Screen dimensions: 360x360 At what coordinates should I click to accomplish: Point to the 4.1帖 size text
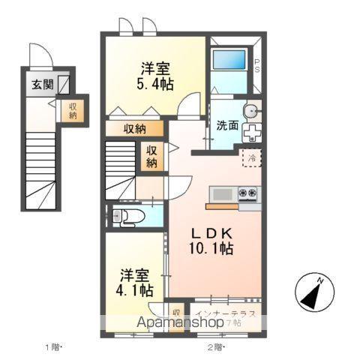tap(136, 288)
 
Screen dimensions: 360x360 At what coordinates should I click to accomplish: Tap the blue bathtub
tap(230, 60)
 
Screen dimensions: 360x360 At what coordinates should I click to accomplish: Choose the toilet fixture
tap(127, 217)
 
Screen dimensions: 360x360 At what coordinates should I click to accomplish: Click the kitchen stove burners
tap(248, 195)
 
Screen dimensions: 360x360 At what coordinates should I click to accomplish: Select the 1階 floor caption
tap(52, 346)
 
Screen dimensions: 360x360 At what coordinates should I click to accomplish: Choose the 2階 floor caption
tap(216, 346)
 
